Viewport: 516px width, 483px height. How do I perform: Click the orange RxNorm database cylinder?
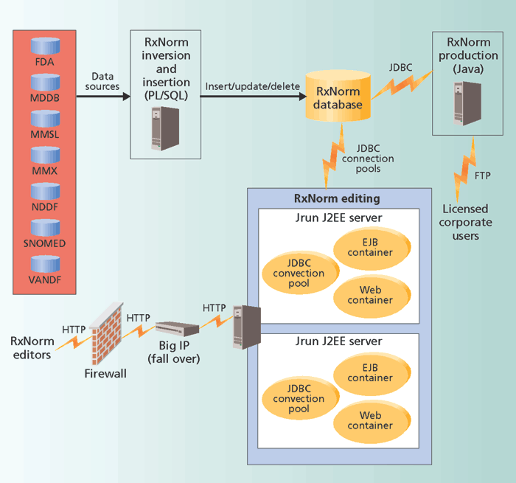point(338,98)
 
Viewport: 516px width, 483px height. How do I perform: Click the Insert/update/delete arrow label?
point(253,86)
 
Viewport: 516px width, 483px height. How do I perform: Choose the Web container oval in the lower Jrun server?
point(371,420)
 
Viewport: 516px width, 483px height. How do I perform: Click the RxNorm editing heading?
point(337,198)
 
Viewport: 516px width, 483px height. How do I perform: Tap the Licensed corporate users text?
point(465,222)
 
